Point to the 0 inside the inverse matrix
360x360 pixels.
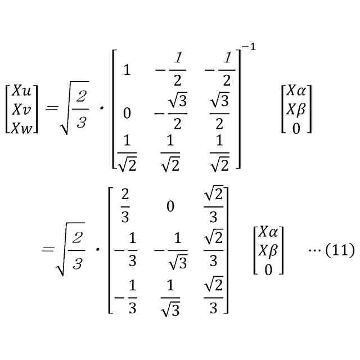pyautogui.click(x=127, y=114)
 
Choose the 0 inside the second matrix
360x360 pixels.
pyautogui.click(x=170, y=206)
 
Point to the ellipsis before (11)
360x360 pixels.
pyautogui.click(x=313, y=249)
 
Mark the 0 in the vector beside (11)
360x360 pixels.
pyautogui.click(x=268, y=270)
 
